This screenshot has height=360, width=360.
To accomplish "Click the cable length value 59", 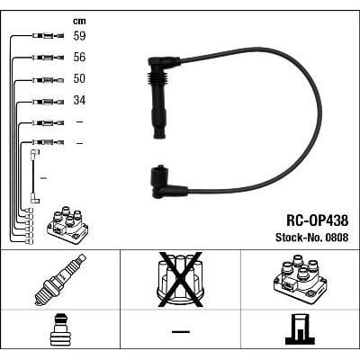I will (80, 37).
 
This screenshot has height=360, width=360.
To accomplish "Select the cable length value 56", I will (80, 58).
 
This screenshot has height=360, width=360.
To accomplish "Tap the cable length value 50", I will (80, 79).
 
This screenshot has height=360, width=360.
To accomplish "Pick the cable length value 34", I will (80, 100).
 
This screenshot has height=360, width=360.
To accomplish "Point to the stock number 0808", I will (336, 238).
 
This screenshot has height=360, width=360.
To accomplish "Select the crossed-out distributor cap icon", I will (180, 278).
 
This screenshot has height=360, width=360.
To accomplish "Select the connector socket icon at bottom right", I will (300, 329).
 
